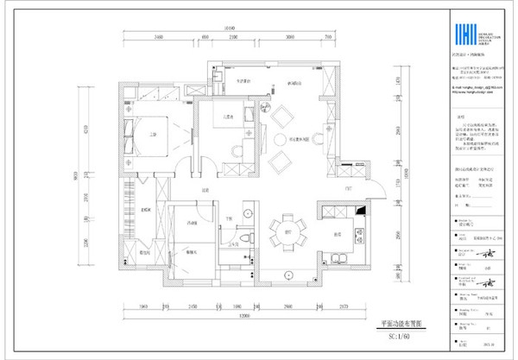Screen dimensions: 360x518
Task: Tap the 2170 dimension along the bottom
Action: point(344,306)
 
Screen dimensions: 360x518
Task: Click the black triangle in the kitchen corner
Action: point(361,209)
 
